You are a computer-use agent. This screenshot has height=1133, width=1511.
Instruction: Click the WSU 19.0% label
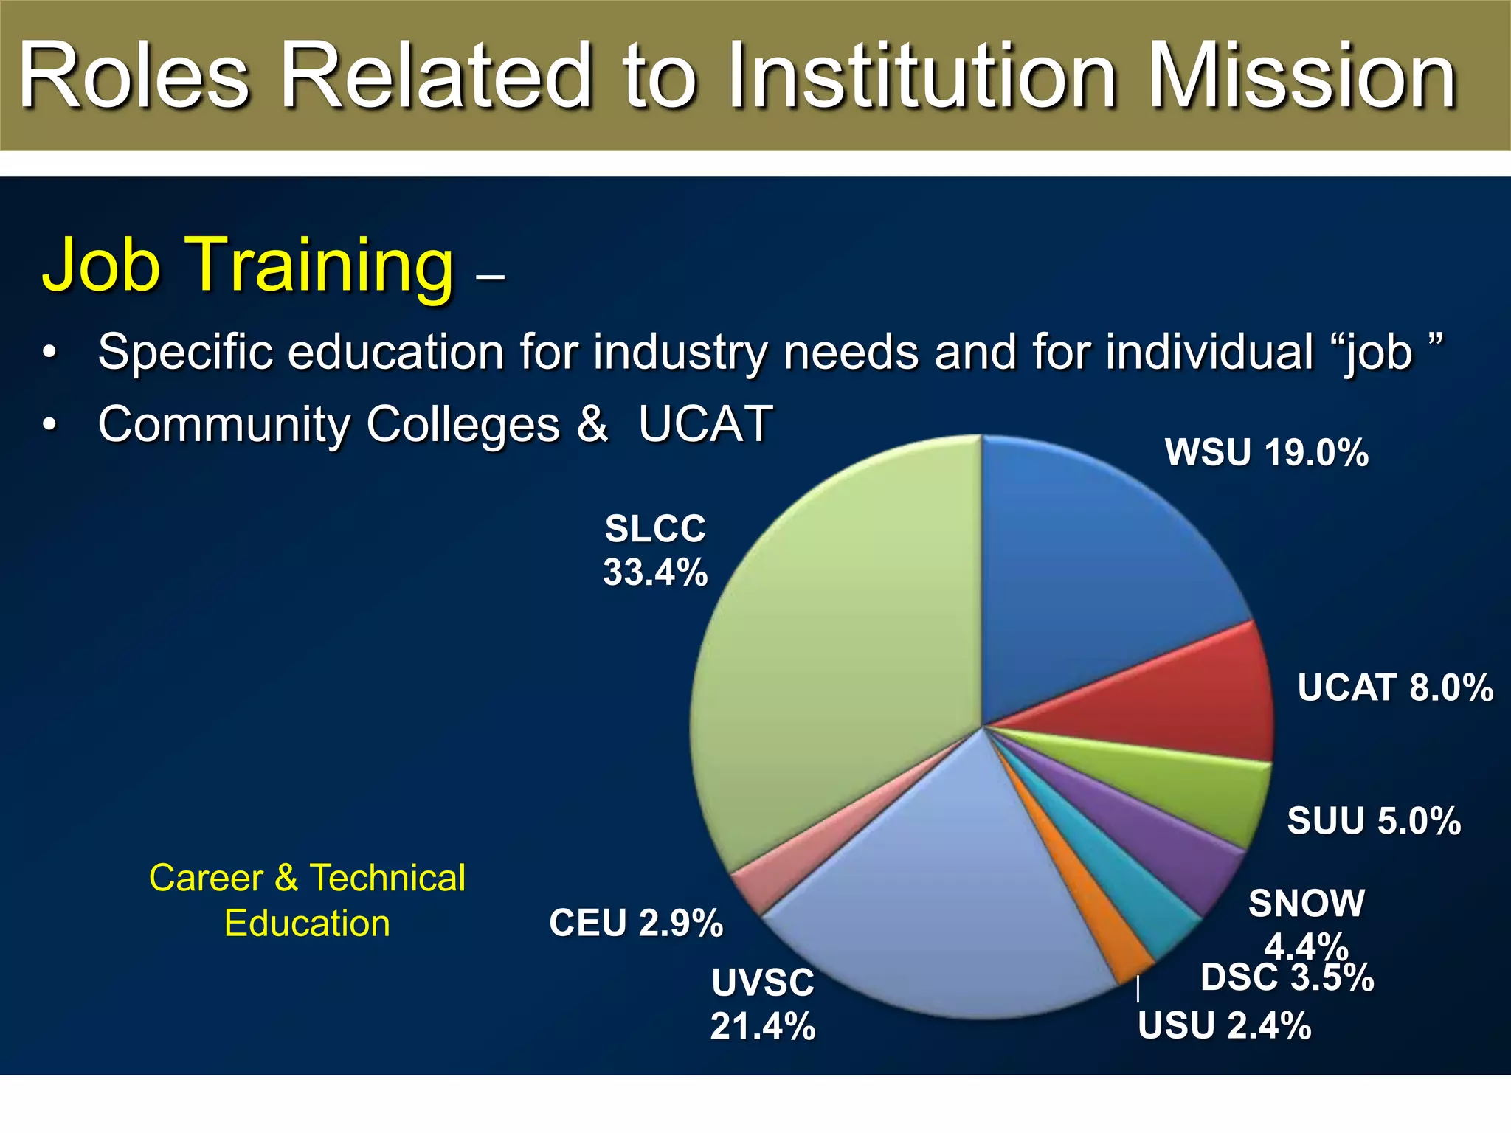[x=1267, y=453]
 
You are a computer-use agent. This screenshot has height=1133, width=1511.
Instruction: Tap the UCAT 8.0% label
[x=1395, y=687]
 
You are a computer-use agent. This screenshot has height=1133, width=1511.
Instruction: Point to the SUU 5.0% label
[x=1374, y=821]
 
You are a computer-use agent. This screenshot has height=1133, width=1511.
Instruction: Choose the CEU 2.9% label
[x=636, y=924]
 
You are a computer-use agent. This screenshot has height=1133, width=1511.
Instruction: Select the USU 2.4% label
[x=1225, y=1026]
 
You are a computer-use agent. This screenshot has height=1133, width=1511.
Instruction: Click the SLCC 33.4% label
[x=655, y=550]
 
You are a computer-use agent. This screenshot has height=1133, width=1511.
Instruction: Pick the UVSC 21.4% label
[x=763, y=1004]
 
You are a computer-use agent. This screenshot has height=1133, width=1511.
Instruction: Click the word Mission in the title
[x=1301, y=77]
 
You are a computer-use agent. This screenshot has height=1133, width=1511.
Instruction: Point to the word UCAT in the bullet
[x=705, y=425]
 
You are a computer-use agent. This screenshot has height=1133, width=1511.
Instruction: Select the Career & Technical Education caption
[x=307, y=901]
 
